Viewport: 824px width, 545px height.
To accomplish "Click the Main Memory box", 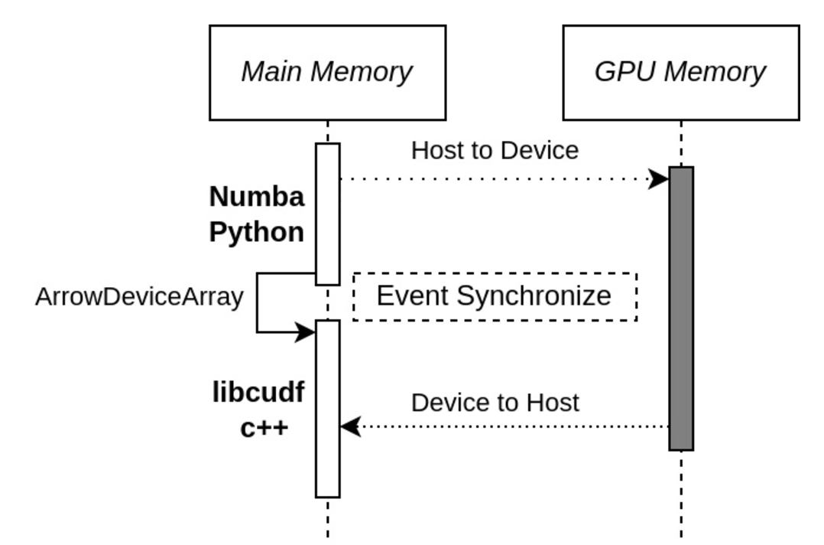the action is coord(328,73).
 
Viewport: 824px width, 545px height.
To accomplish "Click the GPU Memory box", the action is coord(681,73).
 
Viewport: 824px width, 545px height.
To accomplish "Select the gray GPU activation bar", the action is coord(681,308).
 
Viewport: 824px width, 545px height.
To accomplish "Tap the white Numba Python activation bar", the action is coord(328,214).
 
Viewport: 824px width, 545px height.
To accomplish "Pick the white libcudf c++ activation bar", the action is coord(328,409).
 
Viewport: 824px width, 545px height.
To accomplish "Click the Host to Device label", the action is coord(495,151).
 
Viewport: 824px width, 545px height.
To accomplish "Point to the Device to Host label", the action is coord(495,403).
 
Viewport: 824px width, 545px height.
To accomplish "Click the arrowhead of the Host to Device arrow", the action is coord(658,179).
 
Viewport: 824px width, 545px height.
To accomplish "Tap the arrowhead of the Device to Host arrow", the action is coord(351,426).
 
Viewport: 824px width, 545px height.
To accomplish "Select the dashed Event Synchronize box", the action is coord(495,273).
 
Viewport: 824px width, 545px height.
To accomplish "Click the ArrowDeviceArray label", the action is coord(139,297).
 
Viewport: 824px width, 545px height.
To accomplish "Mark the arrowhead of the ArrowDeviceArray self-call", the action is coord(305,332).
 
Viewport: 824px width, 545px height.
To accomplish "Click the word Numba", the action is coord(257,197).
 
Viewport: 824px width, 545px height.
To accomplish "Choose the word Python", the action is coord(257,232).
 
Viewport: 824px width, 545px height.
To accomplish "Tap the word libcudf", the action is coord(258,392).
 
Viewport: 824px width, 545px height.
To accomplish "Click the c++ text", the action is coord(264,428).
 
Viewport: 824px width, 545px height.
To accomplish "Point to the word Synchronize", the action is coord(534,296).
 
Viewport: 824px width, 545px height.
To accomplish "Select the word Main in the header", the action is coord(272,71).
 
